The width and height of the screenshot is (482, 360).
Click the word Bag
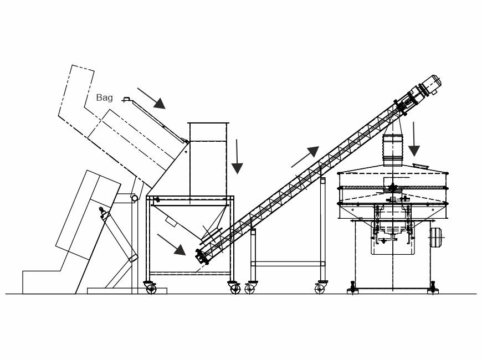105,98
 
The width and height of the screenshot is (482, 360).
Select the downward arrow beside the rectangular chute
237,157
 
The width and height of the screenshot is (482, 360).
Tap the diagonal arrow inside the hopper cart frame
172,245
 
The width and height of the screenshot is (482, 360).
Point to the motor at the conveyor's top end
429,85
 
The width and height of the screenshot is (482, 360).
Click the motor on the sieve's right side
435,238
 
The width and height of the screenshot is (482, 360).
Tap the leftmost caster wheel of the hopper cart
151,289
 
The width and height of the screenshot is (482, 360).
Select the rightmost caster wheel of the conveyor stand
320,289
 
